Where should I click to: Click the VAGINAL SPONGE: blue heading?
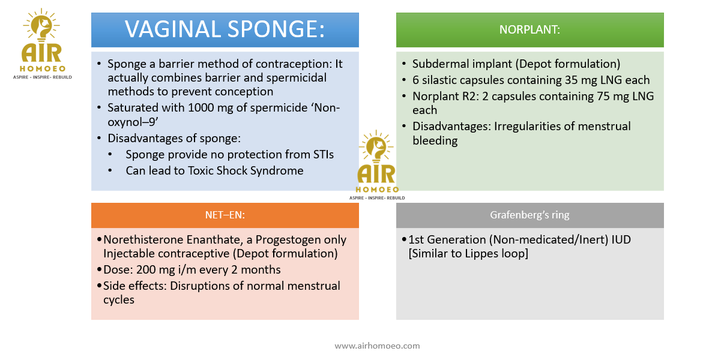click(x=225, y=30)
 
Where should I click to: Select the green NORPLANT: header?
click(x=530, y=30)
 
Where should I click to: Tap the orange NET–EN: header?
click(x=225, y=215)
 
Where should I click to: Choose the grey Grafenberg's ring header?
click(x=530, y=215)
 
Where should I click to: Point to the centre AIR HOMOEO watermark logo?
click(x=376, y=165)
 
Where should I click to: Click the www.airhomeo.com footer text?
click(x=377, y=346)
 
